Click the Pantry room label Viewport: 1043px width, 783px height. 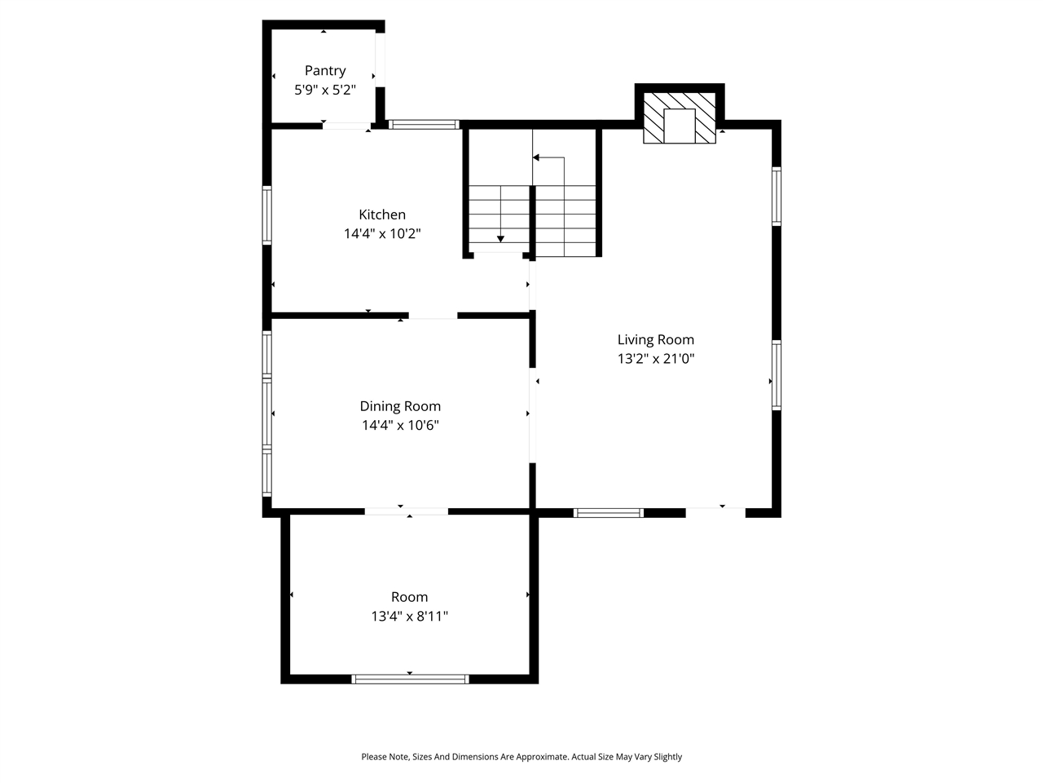pos(325,71)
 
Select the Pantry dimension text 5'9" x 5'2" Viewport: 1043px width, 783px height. pos(325,90)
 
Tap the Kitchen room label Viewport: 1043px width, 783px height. pos(382,215)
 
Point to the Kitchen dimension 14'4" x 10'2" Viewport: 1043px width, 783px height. pos(382,234)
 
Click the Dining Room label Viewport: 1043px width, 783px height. pos(400,406)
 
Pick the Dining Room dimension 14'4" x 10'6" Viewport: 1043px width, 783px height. pos(400,425)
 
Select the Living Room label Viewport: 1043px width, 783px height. pos(655,339)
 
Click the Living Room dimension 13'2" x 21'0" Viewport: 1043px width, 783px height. pos(655,359)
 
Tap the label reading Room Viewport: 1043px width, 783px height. pos(409,597)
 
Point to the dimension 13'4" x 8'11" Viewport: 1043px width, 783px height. pos(409,617)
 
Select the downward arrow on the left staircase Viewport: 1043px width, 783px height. pos(500,238)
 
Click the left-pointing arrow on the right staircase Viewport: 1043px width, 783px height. pos(538,158)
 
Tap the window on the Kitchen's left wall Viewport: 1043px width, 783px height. pos(266,215)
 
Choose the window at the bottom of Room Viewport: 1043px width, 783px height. pos(410,679)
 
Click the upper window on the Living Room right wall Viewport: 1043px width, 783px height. pos(777,196)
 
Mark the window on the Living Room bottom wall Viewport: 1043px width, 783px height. pos(608,513)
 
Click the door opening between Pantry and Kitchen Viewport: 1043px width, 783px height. pos(346,126)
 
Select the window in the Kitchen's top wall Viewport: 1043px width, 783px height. pos(424,125)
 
